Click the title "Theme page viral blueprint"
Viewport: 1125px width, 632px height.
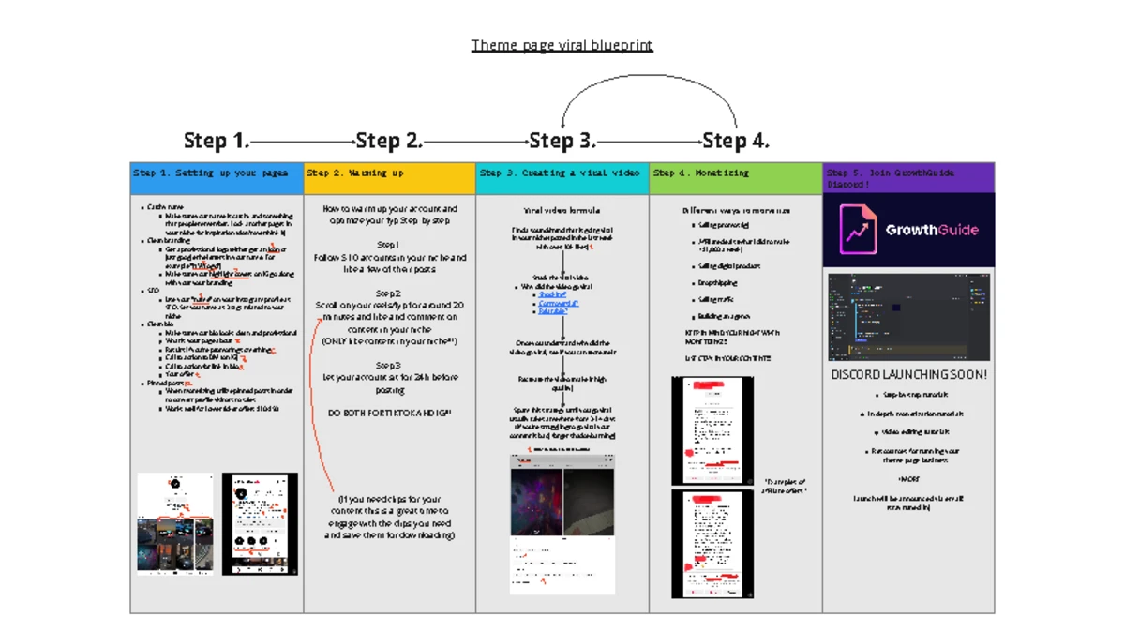click(x=562, y=45)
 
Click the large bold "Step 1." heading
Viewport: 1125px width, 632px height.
click(x=217, y=141)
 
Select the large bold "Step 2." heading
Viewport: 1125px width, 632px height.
click(x=389, y=141)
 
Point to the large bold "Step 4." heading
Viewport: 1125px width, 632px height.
click(x=736, y=141)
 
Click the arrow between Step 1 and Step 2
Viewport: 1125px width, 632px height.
click(x=302, y=142)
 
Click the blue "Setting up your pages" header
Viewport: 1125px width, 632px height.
click(x=217, y=173)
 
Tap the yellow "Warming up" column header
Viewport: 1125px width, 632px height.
click(x=389, y=173)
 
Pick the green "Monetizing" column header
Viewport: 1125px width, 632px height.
click(x=736, y=173)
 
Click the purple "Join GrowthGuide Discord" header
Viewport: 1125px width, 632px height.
click(x=908, y=178)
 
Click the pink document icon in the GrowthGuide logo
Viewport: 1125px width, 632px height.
click(x=858, y=230)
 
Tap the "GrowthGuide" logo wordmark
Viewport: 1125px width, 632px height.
click(x=931, y=230)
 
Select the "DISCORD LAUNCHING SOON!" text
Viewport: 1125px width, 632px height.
click(x=908, y=375)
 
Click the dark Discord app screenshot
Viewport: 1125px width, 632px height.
click(x=908, y=317)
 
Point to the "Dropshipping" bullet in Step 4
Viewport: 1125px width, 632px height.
click(x=717, y=282)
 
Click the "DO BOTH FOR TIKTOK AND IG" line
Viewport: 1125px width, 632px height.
click(x=389, y=413)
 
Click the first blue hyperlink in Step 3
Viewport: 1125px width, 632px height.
click(x=552, y=294)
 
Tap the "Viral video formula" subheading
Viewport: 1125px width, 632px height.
click(x=562, y=211)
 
